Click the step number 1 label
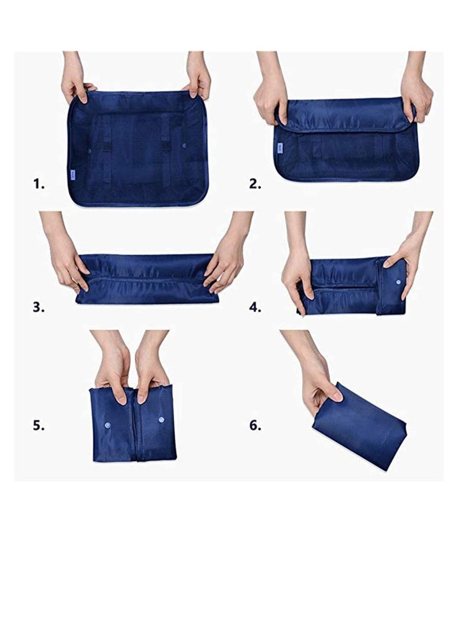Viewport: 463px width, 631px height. coord(38,184)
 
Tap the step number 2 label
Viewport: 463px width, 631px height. coord(255,184)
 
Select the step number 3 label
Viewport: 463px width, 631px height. coord(38,307)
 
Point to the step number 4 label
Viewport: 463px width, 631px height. coord(255,307)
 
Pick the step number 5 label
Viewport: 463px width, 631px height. coord(38,426)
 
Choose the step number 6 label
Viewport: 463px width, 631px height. coord(255,426)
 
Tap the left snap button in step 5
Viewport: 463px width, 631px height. coord(107,425)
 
